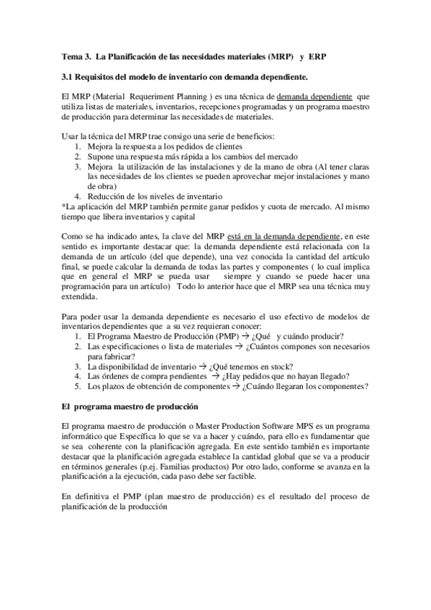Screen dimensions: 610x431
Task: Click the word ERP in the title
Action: (x=319, y=56)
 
